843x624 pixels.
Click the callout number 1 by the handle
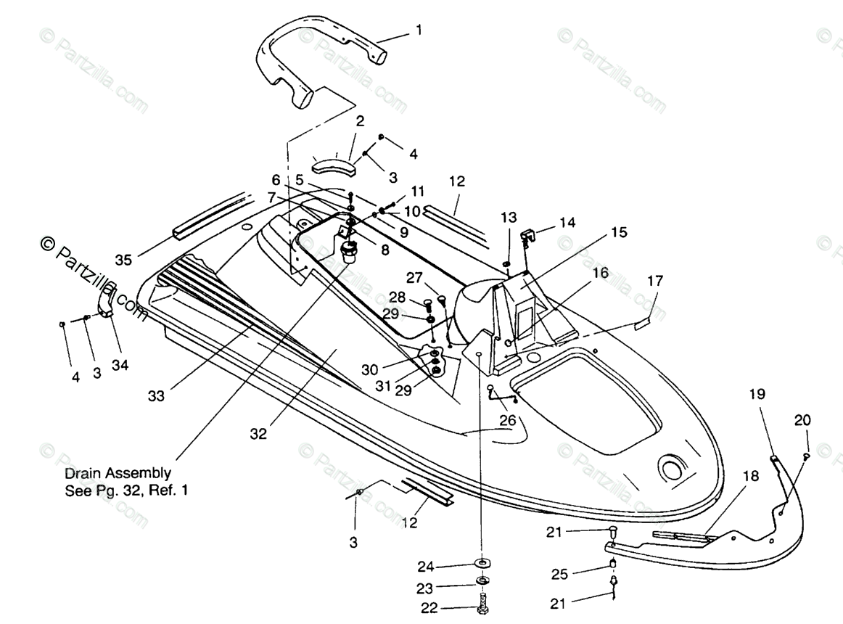pos(419,30)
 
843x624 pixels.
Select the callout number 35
pos(123,260)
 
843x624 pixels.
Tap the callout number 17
pos(655,281)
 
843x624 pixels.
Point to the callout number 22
pos(429,608)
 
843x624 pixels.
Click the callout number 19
pos(757,394)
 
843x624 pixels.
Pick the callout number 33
pos(156,396)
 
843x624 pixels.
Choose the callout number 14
pos(567,223)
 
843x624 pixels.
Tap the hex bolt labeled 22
pos(482,604)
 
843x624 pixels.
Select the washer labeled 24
pos(482,563)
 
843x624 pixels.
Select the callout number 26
pos(508,420)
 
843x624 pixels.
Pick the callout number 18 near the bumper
pos(751,476)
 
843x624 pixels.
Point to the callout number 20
pos(802,420)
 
